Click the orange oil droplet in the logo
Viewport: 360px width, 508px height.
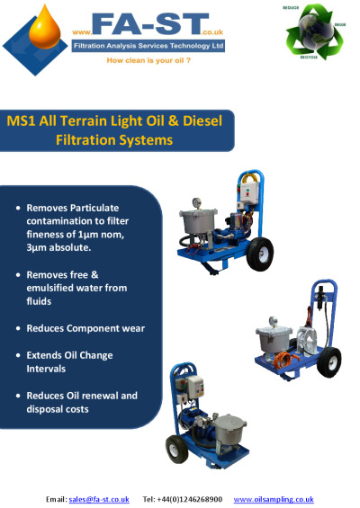[x=44, y=29]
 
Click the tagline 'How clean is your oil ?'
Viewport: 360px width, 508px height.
[x=148, y=60]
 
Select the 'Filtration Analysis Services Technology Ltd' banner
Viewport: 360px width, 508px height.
[x=148, y=46]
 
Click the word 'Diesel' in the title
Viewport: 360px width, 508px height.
[x=202, y=120]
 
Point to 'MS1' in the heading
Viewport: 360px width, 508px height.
[x=22, y=120]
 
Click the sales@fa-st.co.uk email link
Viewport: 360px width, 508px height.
[x=99, y=499]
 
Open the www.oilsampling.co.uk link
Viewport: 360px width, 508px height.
[x=274, y=499]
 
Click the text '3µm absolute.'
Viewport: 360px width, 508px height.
[x=58, y=247]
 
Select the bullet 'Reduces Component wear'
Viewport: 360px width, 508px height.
[x=85, y=328]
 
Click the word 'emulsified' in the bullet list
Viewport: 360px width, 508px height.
[x=49, y=288]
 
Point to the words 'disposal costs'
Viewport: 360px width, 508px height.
[x=58, y=409]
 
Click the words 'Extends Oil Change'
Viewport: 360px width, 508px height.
[x=69, y=355]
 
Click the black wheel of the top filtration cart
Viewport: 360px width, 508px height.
[x=260, y=254]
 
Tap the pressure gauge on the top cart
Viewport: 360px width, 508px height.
[x=196, y=203]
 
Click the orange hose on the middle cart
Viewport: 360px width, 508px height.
[x=282, y=360]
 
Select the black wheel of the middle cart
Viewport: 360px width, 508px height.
[x=328, y=362]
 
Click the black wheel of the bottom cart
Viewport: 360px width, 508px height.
[x=176, y=449]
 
